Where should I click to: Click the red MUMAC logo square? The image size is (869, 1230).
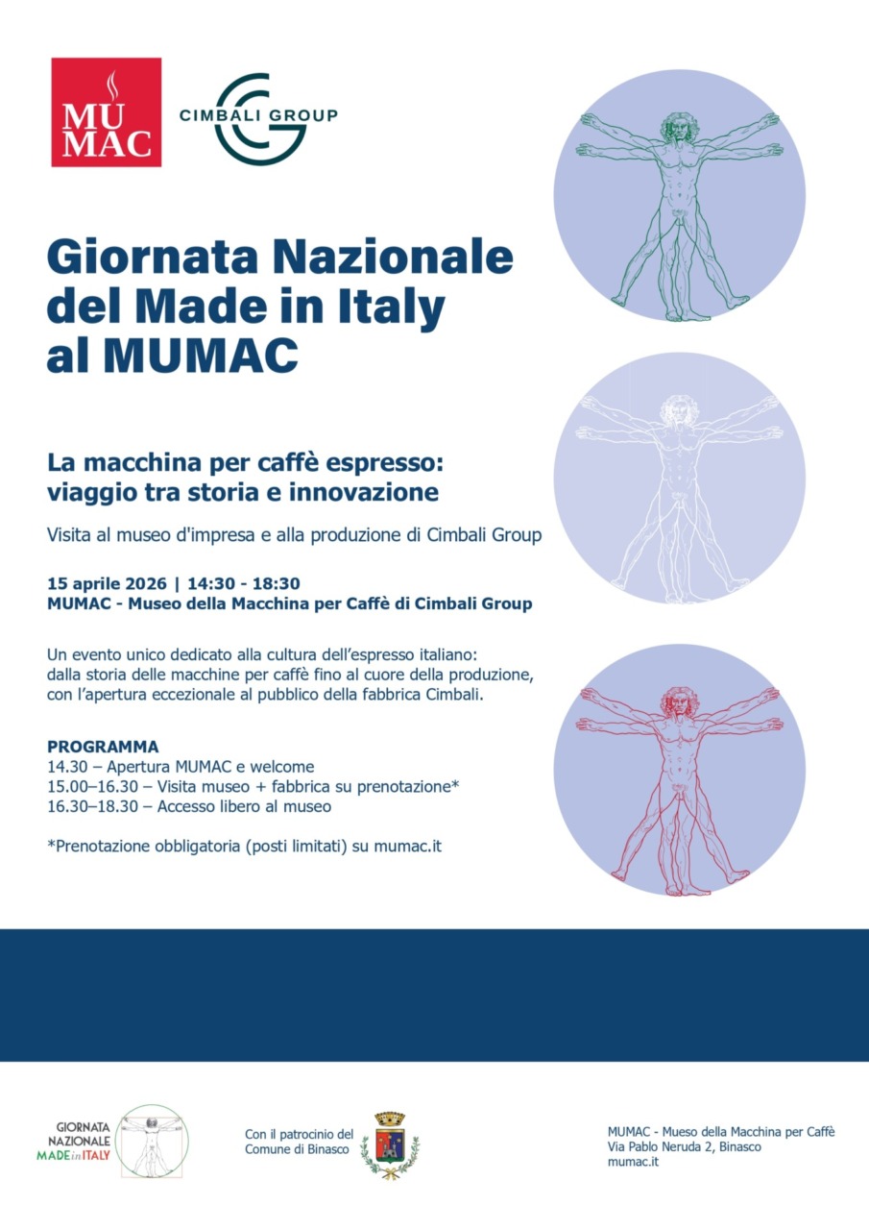(x=106, y=111)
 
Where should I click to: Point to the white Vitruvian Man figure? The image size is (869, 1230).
(x=680, y=490)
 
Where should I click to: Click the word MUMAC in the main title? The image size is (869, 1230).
(x=200, y=355)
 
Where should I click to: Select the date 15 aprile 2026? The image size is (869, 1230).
(x=107, y=583)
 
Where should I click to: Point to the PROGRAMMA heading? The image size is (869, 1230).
(x=103, y=747)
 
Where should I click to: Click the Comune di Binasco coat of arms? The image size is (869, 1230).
(x=389, y=1144)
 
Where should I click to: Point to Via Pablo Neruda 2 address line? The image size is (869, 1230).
(x=684, y=1146)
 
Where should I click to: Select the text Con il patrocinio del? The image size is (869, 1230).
(x=299, y=1134)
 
